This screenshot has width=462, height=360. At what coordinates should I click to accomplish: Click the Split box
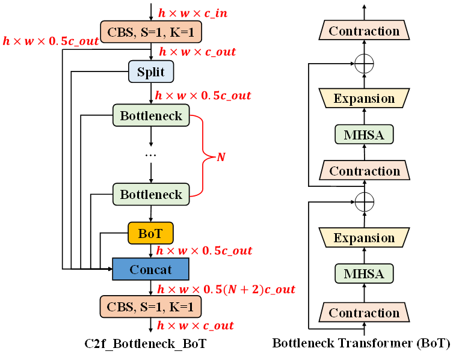(x=151, y=72)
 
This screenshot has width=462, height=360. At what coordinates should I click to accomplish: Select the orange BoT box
(x=150, y=233)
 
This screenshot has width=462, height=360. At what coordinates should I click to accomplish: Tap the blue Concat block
(x=150, y=270)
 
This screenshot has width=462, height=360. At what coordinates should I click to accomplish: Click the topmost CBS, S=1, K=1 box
(x=151, y=32)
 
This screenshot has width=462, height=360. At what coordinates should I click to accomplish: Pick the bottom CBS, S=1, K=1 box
(x=150, y=307)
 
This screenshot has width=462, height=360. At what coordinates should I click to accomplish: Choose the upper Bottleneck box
(x=151, y=115)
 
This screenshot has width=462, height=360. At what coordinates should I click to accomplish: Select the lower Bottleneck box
(x=151, y=194)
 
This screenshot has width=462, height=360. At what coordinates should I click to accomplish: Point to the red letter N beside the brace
(x=221, y=157)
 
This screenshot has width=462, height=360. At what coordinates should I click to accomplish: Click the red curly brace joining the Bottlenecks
(x=203, y=155)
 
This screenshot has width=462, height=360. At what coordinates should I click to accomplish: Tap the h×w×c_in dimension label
(x=192, y=13)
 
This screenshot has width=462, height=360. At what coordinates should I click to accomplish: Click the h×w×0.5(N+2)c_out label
(x=226, y=290)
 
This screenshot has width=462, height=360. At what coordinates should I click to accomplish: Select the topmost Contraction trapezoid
(x=364, y=31)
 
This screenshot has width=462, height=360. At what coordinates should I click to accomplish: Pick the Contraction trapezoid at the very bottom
(x=364, y=313)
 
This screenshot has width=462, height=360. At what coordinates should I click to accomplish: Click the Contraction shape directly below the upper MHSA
(x=364, y=171)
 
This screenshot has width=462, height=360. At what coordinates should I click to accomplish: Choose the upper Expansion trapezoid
(x=364, y=99)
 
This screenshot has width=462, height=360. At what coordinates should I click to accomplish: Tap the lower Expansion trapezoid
(x=364, y=238)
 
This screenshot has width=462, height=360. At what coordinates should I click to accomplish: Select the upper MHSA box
(x=364, y=135)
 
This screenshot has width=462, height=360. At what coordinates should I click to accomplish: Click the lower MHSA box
(x=364, y=274)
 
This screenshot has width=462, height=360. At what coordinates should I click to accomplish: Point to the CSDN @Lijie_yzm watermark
(x=417, y=349)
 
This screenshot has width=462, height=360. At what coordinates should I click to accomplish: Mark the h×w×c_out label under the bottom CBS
(x=196, y=326)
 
